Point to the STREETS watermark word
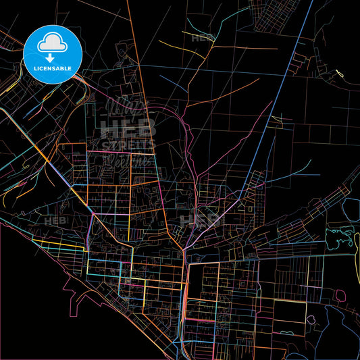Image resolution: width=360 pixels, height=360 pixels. click(x=128, y=145)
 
